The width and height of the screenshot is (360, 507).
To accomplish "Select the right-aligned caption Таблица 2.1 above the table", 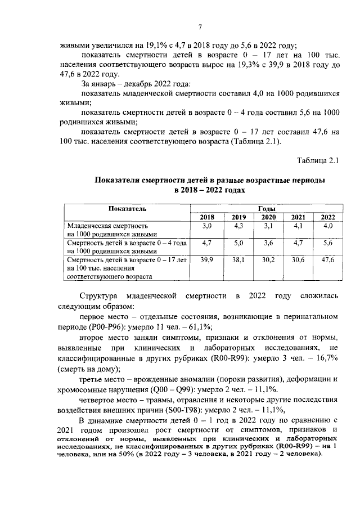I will [319, 161].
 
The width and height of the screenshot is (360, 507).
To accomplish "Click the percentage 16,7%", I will [325, 359].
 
